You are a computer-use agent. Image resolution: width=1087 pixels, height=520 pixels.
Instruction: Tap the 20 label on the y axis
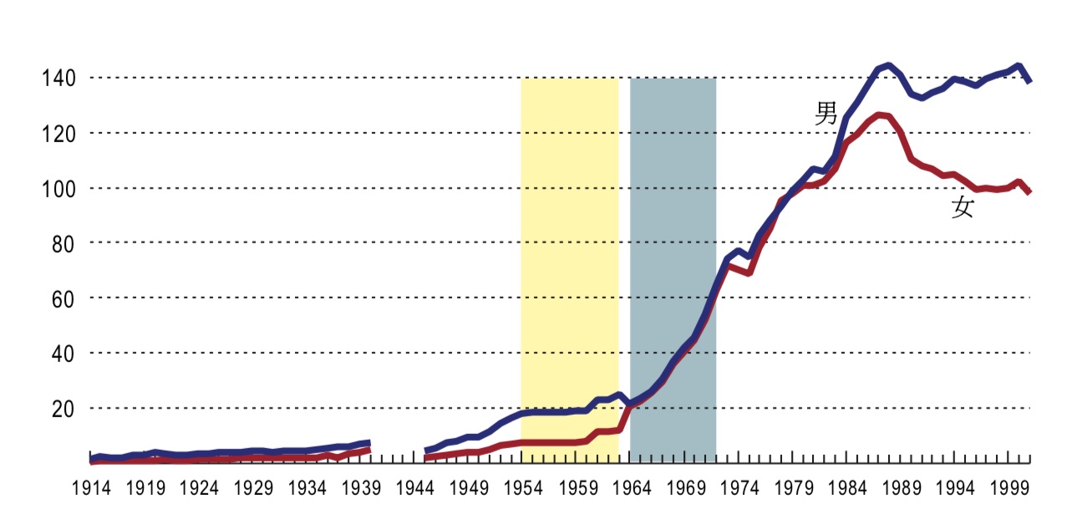[63, 409]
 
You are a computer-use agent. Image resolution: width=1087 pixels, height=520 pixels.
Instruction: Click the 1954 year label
[524, 487]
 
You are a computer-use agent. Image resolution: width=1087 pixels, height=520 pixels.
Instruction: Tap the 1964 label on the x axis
[632, 487]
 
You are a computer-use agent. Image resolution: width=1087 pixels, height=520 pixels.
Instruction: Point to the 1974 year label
[739, 487]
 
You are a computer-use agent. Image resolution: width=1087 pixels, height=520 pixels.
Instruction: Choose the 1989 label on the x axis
[902, 487]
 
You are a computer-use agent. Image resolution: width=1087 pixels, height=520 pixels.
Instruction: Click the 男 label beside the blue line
[826, 114]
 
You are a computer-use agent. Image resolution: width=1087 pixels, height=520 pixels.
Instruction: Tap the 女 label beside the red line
[963, 207]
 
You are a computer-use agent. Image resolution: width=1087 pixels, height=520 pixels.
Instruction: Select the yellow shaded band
[569, 251]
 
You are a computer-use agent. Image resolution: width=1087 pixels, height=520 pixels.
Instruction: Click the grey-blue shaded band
[673, 251]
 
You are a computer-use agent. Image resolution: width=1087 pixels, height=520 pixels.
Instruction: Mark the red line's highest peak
[880, 115]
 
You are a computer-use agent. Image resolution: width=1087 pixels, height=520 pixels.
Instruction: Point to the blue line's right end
[1029, 80]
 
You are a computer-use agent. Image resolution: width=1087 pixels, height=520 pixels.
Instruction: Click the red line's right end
[1029, 191]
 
